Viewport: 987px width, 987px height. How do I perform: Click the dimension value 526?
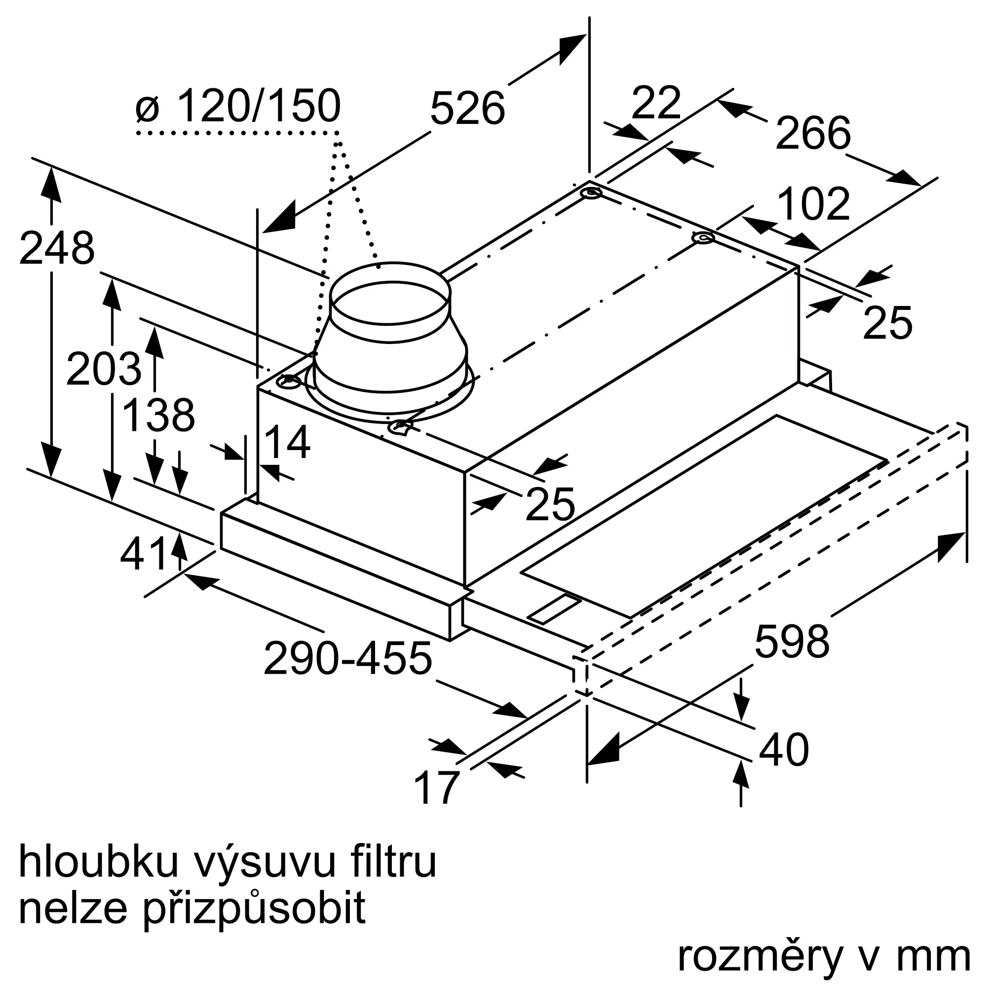tap(467, 108)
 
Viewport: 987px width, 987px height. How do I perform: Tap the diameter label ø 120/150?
tap(238, 106)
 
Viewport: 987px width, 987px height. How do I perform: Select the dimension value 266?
tap(813, 133)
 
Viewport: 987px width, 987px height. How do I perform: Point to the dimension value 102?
tap(814, 204)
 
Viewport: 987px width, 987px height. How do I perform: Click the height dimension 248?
tap(57, 249)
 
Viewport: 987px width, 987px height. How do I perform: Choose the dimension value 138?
tap(159, 416)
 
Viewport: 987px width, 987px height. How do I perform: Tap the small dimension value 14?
tap(287, 442)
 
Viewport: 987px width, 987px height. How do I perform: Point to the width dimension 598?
tap(792, 642)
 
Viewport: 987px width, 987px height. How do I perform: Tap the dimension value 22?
tap(656, 103)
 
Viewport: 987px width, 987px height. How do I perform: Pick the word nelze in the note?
tap(72, 908)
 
